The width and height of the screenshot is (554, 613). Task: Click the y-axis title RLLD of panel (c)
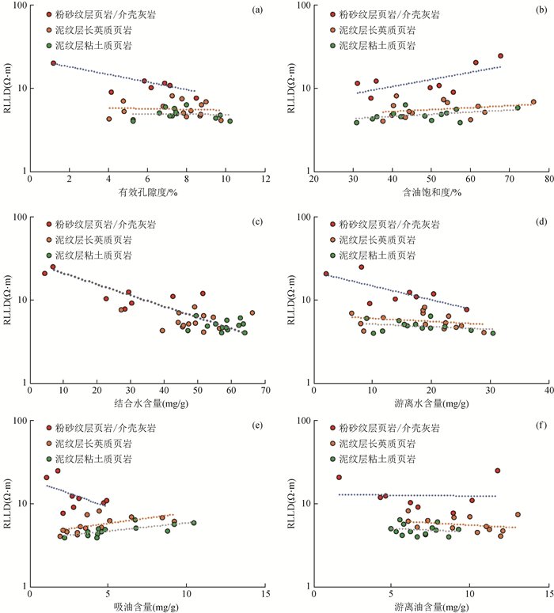9,301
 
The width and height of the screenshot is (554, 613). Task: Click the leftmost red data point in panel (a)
53,63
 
